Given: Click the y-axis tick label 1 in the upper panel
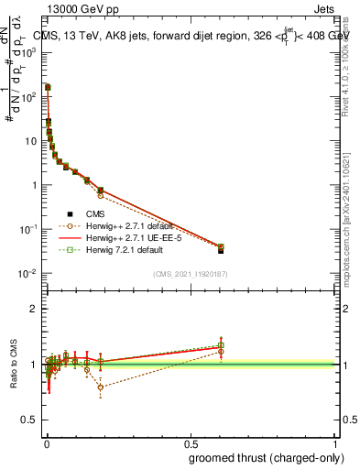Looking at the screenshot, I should [x=37, y=185].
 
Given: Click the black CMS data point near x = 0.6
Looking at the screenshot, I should [x=221, y=249].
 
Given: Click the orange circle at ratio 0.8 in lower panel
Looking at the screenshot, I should [x=100, y=387].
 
